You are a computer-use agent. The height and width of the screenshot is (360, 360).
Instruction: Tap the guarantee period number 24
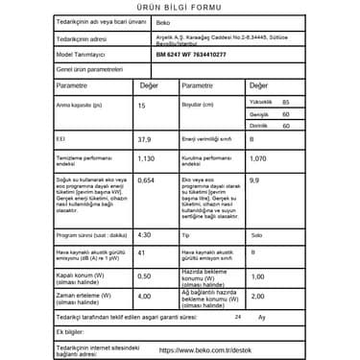pyautogui.click(x=237, y=316)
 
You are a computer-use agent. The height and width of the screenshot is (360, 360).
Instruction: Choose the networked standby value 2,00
pyautogui.click(x=256, y=297)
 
